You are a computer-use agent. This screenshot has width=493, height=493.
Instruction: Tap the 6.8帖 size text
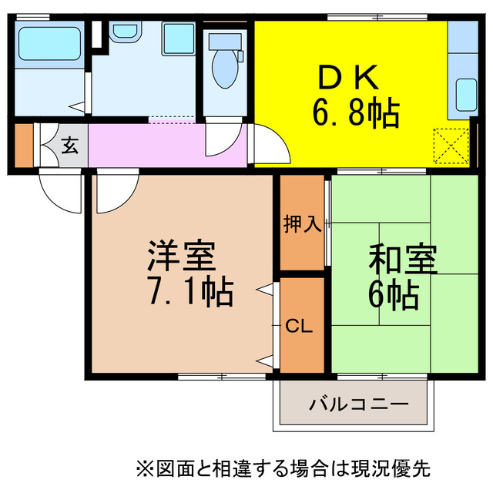click(x=355, y=115)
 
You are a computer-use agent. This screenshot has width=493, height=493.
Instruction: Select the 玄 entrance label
click(x=70, y=144)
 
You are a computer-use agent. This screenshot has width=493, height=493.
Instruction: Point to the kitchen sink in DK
click(x=465, y=96)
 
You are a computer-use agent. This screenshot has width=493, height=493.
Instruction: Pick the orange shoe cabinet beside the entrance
click(x=23, y=145)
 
